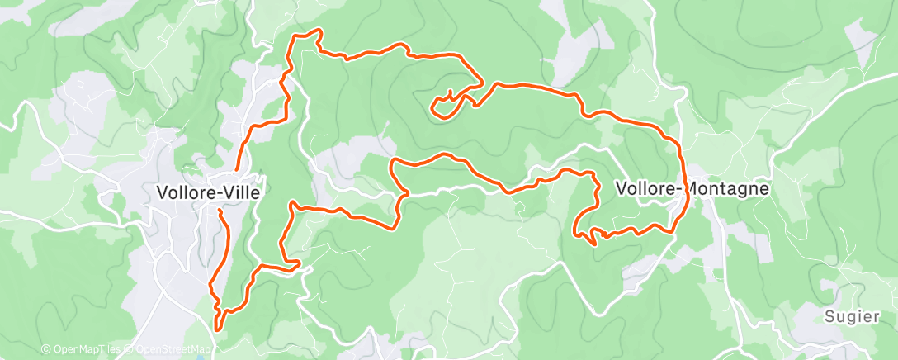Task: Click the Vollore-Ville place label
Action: point(208,193)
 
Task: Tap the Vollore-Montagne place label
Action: point(692,188)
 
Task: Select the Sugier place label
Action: point(848,315)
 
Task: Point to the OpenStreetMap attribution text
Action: point(169,350)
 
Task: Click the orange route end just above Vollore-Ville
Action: point(238,169)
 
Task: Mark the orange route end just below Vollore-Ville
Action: point(220,211)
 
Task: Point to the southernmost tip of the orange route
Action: point(217,329)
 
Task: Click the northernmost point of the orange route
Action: point(314,31)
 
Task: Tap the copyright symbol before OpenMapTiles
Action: point(46,350)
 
